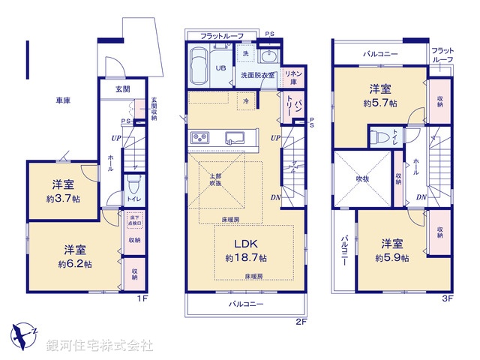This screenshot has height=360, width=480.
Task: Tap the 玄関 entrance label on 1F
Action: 122,89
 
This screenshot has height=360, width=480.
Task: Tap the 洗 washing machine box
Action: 245,55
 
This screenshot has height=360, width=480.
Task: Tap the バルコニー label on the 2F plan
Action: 246,305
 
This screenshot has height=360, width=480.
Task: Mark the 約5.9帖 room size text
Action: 393,257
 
